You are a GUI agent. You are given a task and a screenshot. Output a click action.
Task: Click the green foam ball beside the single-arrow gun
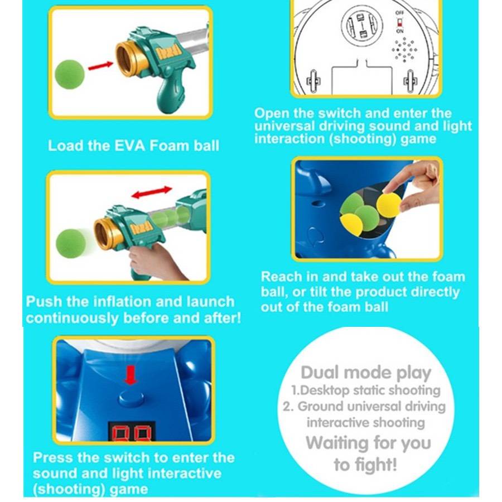(70, 74)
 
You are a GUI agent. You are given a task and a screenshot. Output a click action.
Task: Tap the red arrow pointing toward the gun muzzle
(100, 66)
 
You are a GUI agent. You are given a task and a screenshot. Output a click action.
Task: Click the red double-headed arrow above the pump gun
(152, 192)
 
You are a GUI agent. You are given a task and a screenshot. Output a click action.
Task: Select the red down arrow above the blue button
(131, 375)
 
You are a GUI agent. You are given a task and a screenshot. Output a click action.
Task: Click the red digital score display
(132, 432)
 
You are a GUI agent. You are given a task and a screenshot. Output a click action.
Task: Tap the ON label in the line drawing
(400, 31)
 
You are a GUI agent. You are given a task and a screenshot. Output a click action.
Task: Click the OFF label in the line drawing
(400, 13)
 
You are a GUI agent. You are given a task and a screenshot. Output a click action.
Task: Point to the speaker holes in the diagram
(404, 50)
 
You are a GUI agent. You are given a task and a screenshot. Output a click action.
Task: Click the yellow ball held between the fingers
(389, 205)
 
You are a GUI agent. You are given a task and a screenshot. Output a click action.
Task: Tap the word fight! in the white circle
(365, 464)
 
